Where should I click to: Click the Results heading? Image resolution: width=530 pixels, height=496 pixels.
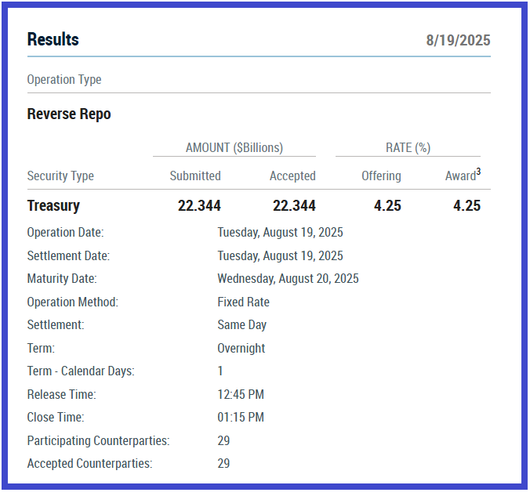pos(53,39)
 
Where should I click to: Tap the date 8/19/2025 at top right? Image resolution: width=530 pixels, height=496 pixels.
pos(458,41)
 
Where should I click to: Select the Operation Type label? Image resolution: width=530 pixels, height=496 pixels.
pos(64,80)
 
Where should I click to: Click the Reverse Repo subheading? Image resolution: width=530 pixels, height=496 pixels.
pos(69,114)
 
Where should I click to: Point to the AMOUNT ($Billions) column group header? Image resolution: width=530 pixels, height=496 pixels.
pos(234,147)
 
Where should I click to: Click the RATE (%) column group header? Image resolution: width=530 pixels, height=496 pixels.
pos(408,147)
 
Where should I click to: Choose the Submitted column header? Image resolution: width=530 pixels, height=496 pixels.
pos(195,176)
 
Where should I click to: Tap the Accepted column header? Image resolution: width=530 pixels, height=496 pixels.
pos(292,176)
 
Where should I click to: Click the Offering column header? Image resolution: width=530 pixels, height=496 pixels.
pos(381,176)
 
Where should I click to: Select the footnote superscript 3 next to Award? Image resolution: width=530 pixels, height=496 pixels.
pos(478,172)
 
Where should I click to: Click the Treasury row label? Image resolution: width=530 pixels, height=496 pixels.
pos(53,206)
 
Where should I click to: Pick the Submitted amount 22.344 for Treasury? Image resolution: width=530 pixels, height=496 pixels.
pos(199,206)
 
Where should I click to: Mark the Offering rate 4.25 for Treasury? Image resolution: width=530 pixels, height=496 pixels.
pos(387,206)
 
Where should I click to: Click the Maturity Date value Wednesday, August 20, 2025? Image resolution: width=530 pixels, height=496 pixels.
pos(288,279)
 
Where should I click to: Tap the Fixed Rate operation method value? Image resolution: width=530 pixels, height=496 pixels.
pos(243,302)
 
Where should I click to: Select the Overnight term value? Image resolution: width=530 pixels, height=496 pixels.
pos(241,349)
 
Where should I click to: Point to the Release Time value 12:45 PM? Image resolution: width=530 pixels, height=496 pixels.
pos(241,395)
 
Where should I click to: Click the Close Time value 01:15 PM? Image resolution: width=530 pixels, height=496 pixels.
pos(241,418)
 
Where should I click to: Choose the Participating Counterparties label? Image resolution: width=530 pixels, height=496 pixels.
pos(98,441)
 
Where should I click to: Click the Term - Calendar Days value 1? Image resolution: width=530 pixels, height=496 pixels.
pos(220,371)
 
